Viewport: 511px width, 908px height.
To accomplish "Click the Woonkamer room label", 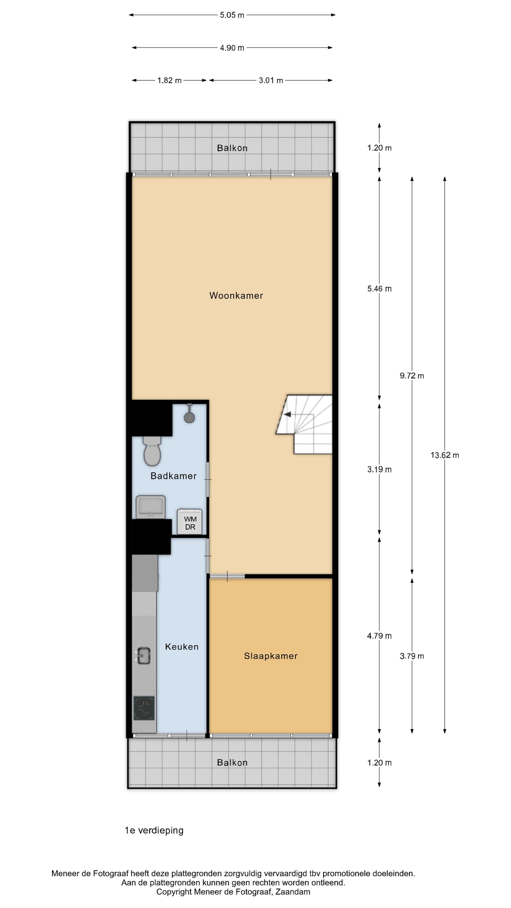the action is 236,295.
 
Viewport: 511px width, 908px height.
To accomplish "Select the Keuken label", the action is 182,646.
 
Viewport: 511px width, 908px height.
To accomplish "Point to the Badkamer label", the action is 173,476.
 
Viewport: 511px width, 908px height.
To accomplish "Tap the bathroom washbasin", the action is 150,507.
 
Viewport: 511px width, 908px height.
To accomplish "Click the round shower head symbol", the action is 190,417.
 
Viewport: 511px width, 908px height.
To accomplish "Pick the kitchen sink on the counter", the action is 144,656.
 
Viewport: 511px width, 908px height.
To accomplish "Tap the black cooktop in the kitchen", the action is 144,708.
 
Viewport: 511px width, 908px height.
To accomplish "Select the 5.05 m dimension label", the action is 232,15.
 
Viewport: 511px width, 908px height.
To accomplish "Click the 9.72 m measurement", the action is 412,376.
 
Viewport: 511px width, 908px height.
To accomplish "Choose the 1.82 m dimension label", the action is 169,81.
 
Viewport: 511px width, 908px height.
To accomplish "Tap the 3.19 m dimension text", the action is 379,469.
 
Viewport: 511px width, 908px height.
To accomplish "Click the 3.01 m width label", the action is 271,81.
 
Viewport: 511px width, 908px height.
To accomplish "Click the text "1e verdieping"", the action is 154,831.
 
